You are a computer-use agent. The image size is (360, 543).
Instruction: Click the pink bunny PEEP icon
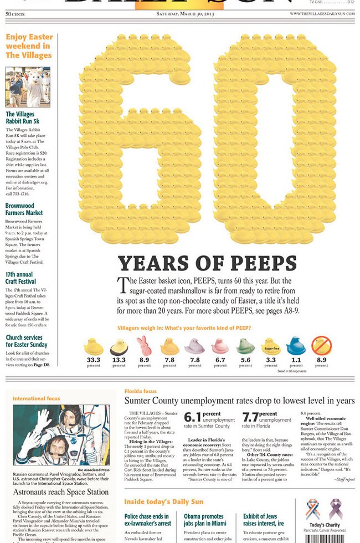click(144, 345)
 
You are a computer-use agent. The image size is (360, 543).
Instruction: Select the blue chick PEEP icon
click(296, 346)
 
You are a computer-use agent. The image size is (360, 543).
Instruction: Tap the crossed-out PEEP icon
click(321, 346)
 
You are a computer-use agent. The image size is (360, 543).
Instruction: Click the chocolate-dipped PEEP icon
click(119, 347)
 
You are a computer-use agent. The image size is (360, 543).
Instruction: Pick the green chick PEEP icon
click(245, 346)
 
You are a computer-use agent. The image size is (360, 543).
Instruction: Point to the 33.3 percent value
click(94, 360)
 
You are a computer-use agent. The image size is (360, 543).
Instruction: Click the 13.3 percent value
click(119, 360)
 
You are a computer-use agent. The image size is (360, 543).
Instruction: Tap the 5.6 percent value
click(245, 360)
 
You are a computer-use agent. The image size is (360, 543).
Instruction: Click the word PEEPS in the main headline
click(258, 263)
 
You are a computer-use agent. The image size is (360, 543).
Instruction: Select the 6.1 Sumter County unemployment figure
click(192, 417)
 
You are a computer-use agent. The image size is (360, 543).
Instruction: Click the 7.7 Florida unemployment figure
click(250, 417)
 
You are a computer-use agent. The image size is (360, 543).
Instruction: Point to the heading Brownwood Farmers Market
click(24, 209)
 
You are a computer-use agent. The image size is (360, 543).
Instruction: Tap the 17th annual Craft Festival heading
click(20, 278)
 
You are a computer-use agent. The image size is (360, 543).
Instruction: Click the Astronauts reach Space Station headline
click(61, 491)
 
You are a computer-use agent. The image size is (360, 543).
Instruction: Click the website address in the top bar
click(322, 13)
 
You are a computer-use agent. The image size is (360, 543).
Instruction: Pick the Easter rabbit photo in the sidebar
click(28, 87)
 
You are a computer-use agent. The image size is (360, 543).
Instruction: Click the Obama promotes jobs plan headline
click(204, 520)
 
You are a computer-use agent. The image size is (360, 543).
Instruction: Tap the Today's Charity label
click(325, 525)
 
